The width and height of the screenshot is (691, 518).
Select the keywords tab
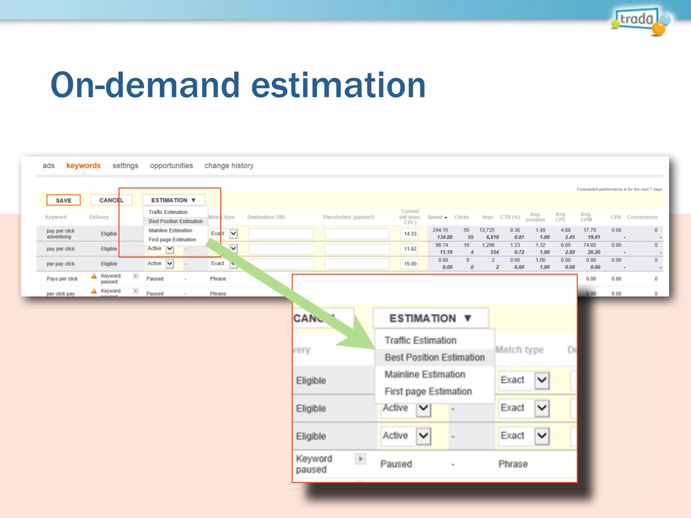(83, 166)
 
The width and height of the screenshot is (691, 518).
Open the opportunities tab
(171, 166)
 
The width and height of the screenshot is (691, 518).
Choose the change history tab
(229, 166)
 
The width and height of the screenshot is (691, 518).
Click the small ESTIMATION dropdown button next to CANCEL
(173, 200)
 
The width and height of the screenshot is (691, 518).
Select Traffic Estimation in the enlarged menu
(420, 340)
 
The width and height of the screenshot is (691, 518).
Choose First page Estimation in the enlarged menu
(428, 391)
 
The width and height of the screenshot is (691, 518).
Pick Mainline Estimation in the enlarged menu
(425, 374)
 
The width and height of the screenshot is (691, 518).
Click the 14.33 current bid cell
(410, 234)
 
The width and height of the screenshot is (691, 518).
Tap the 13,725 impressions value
(487, 230)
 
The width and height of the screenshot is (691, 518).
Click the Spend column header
(435, 217)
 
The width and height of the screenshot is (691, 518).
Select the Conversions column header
(642, 217)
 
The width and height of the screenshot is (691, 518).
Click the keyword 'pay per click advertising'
(61, 234)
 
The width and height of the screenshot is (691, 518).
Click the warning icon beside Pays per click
(94, 276)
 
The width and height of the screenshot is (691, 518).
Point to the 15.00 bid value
(410, 264)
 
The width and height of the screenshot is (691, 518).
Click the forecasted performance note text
(619, 189)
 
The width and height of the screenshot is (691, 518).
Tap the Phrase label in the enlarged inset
(513, 464)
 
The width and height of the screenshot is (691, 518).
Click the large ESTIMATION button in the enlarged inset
(430, 318)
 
